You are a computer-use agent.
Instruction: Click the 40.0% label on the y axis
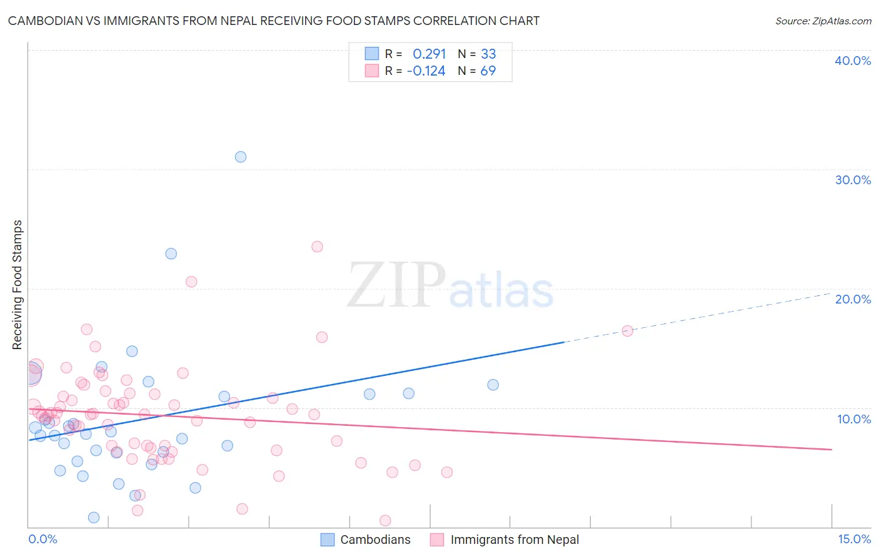(x=853, y=61)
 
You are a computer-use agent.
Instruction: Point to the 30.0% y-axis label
(x=853, y=180)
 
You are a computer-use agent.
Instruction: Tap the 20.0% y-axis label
(x=853, y=299)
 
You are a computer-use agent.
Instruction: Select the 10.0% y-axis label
(x=854, y=419)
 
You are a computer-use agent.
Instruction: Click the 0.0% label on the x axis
(x=43, y=539)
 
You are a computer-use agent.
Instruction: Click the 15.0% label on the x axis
(x=854, y=539)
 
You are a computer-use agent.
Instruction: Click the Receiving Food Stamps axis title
(x=18, y=285)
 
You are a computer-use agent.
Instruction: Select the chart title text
(x=274, y=21)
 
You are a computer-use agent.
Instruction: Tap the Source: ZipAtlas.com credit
(x=823, y=21)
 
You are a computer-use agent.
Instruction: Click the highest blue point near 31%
(x=241, y=157)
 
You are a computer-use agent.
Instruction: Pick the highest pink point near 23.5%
(x=317, y=247)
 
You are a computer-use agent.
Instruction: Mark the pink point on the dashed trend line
(x=627, y=331)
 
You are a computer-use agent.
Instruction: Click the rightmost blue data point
(x=493, y=385)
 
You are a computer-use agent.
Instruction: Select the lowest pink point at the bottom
(x=385, y=521)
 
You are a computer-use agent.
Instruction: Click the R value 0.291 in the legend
(x=429, y=54)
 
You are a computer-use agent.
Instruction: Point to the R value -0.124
(x=426, y=71)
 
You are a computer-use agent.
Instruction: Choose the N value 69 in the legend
(x=488, y=71)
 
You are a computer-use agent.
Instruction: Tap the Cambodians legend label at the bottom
(x=375, y=540)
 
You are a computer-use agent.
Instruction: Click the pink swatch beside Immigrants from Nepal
(x=436, y=540)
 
